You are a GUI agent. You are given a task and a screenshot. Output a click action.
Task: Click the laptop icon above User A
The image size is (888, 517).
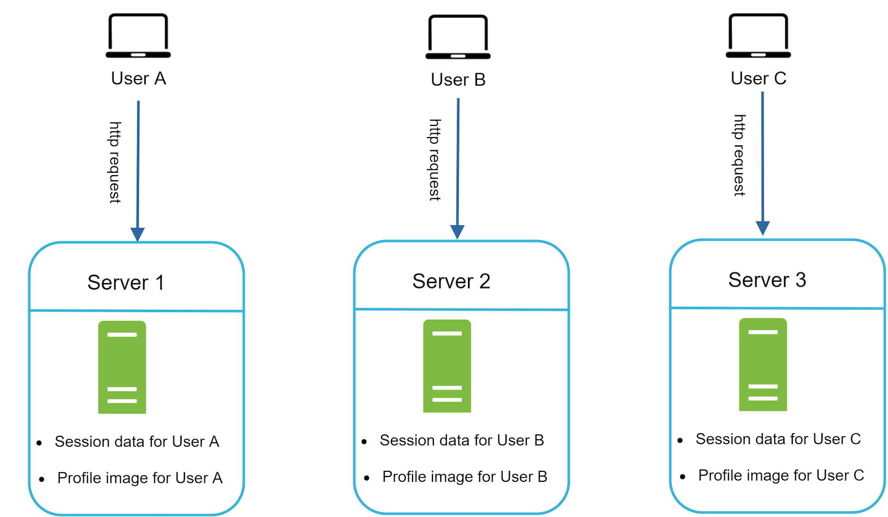point(138,36)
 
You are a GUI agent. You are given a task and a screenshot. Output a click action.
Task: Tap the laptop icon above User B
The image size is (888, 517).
point(458,37)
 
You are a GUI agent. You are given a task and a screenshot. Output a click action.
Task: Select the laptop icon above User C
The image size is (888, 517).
point(758,36)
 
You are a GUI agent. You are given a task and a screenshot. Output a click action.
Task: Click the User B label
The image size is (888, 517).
point(458,79)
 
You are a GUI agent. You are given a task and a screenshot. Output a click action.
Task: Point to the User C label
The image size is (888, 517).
point(758,78)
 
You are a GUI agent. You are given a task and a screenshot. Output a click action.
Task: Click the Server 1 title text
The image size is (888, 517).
point(126,282)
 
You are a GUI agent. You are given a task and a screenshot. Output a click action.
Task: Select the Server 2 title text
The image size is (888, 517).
point(451,281)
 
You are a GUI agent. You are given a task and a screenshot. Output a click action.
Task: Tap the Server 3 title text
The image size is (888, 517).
point(767,280)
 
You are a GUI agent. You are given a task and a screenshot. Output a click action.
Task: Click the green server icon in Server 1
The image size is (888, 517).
point(122,367)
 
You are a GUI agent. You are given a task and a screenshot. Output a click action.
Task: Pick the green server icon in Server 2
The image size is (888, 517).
point(447,365)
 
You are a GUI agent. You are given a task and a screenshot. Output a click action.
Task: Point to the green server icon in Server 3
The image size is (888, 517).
point(763,364)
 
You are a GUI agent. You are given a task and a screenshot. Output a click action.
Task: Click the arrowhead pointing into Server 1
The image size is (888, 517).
point(137,234)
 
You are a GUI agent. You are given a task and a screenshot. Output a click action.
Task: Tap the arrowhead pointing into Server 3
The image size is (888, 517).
point(762,228)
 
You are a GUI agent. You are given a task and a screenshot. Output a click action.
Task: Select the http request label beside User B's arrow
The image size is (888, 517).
point(435,160)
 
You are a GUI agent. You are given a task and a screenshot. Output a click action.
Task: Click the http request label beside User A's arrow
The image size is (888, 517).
point(115,162)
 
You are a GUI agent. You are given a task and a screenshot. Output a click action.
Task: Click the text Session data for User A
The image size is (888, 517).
point(137,441)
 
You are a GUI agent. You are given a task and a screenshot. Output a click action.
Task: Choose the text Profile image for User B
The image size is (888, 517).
point(464,476)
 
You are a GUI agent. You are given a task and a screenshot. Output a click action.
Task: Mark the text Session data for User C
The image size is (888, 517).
point(778,438)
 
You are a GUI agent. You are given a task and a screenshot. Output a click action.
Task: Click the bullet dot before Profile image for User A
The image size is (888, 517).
point(42,479)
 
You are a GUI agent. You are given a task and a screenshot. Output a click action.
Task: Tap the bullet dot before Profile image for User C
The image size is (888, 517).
point(682,476)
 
